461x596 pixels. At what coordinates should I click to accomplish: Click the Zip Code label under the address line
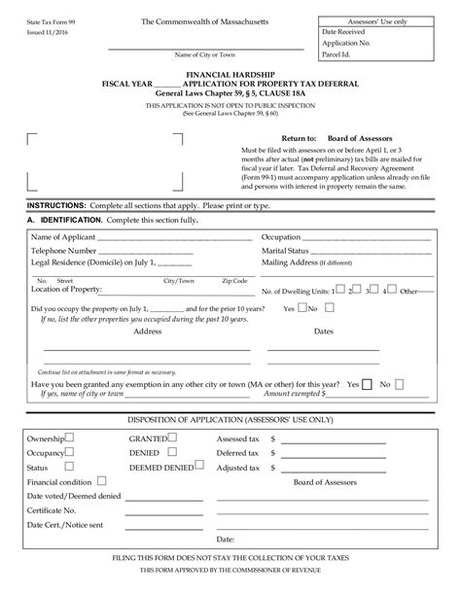(x=233, y=280)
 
